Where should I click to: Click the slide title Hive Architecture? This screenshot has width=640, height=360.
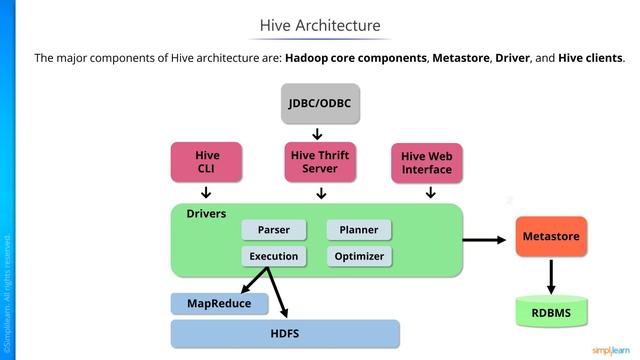[x=320, y=25]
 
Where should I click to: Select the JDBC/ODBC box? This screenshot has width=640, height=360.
[x=319, y=102]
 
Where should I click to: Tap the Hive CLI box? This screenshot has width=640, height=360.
[x=207, y=162]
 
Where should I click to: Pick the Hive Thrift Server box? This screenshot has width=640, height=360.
[x=319, y=162]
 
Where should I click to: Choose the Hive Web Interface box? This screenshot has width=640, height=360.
[x=427, y=163]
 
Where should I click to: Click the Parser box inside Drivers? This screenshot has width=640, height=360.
[x=273, y=230]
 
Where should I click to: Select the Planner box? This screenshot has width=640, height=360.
[x=358, y=230]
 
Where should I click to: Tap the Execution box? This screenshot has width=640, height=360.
[x=273, y=256]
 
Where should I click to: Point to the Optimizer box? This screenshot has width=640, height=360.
[x=358, y=256]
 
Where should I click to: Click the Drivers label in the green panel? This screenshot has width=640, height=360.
[x=206, y=214]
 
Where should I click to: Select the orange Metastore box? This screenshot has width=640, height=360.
[x=551, y=237]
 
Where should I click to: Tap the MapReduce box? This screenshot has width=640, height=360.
[x=219, y=302]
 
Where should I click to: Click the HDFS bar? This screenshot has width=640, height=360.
[x=285, y=333]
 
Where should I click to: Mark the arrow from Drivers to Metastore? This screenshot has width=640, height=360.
[x=485, y=239]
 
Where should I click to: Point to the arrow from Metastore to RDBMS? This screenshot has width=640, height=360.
[x=551, y=275]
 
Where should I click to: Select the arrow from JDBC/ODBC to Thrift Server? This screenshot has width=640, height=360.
[x=318, y=133]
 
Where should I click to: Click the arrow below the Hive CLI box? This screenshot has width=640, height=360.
[x=206, y=193]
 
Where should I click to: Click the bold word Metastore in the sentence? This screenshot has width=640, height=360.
[x=460, y=58]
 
